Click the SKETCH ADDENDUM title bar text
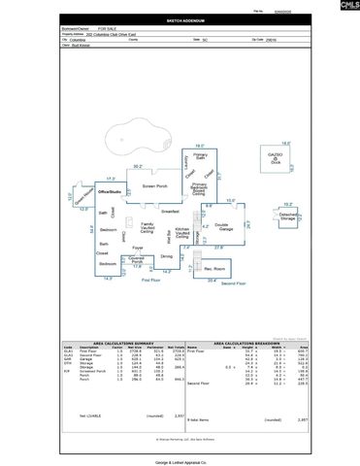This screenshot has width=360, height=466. pos(179,18)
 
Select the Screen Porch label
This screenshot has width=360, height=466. pos(155,185)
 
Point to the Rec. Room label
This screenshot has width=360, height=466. pos(214,268)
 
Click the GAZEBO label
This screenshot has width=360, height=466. pos(276,154)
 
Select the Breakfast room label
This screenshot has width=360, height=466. pos(172,211)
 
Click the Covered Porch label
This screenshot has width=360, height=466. pos(138,260)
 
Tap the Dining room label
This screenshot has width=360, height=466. pos(166,256)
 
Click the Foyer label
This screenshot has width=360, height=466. pos(138,248)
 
